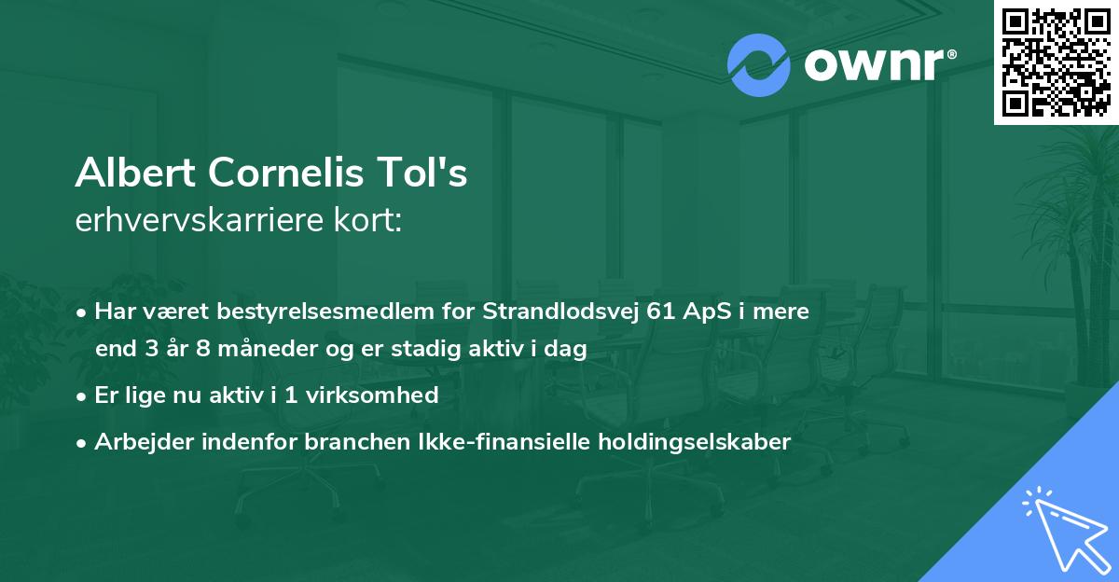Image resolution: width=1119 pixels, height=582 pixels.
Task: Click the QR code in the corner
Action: pyautogui.click(x=1056, y=62)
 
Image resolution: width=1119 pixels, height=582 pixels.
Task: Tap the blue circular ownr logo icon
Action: pyautogui.click(x=758, y=65)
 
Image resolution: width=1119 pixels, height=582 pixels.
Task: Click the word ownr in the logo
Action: pyautogui.click(x=873, y=65)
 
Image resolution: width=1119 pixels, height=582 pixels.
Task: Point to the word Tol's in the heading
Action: pyautogui.click(x=424, y=173)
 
